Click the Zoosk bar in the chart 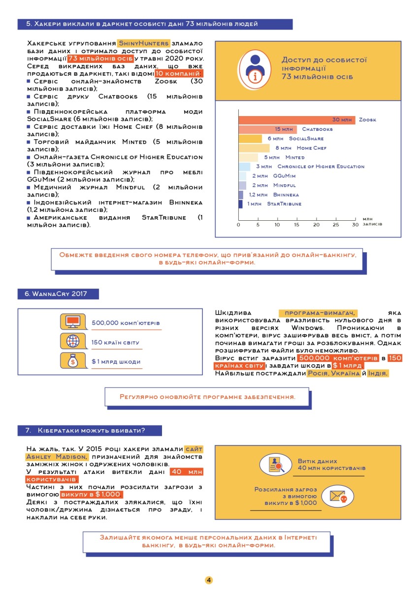[297, 120]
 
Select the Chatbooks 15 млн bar [268, 129]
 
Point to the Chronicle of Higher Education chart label [321, 167]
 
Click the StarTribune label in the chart [284, 204]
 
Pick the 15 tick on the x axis [296, 225]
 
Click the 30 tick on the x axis [355, 225]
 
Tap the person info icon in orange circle [255, 69]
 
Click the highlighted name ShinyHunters [143, 43]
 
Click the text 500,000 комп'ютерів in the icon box [126, 323]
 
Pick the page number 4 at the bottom [209, 580]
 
